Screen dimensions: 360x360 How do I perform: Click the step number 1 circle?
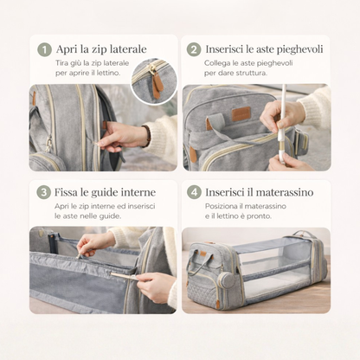pos(44,49)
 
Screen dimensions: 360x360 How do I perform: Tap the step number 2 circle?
pos(194,49)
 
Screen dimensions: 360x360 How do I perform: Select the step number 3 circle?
pos(44,192)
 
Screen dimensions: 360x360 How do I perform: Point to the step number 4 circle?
pos(194,192)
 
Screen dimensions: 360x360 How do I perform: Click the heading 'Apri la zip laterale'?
pos(101,49)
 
